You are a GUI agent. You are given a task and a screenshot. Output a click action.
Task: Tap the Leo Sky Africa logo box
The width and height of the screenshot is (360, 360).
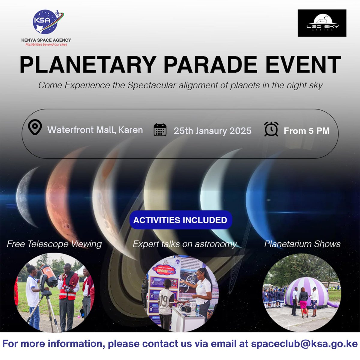coord(322,23)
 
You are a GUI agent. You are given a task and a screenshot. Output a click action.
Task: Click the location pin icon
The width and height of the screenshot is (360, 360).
coord(35,127)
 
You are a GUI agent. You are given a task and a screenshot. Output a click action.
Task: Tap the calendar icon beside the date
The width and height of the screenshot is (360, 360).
coord(160,130)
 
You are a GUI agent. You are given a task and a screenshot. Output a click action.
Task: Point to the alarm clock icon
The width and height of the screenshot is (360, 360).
coord(271,129)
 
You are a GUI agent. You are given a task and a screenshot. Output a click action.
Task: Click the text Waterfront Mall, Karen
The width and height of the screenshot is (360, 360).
coord(95,130)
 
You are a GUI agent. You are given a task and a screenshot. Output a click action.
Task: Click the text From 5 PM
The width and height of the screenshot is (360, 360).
coord(307,131)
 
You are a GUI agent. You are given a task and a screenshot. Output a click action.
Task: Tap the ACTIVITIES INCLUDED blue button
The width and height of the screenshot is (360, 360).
coord(180,220)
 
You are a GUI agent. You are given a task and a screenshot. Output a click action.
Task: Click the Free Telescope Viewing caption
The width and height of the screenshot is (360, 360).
coord(54,244)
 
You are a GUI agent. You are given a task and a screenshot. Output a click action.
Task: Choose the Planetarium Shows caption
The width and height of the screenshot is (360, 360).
coord(302,244)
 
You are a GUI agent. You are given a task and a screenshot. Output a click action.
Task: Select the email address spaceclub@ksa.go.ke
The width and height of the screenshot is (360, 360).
coord(304,344)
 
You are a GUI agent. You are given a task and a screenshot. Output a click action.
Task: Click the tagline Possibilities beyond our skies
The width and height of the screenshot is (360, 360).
coord(46,44)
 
